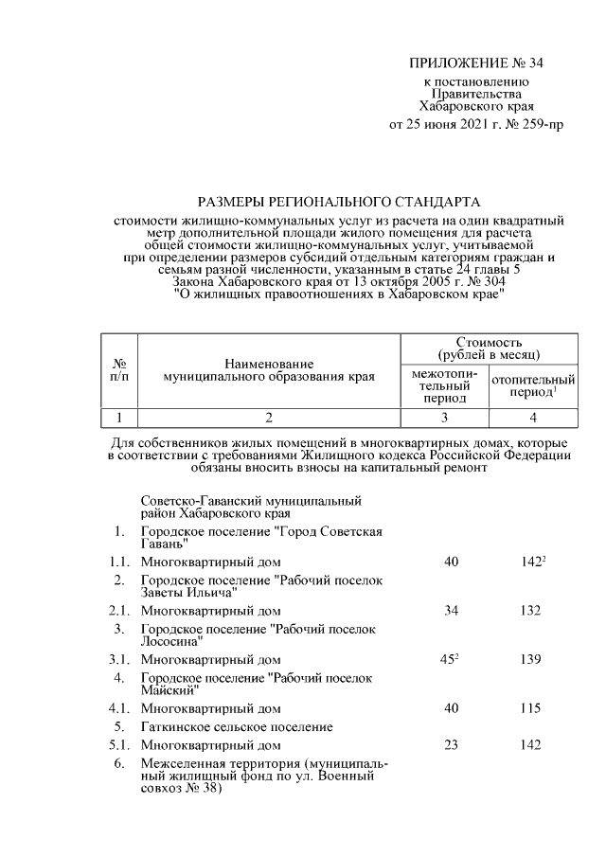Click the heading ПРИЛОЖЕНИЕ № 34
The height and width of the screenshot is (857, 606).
478,63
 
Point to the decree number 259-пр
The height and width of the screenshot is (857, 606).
539,124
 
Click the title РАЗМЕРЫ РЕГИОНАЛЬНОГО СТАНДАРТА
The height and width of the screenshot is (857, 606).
338,201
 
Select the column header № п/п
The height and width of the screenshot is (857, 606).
120,369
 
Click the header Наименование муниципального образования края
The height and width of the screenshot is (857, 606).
269,369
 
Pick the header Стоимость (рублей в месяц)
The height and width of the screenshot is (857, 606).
490,348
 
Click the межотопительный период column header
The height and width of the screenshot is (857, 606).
444,385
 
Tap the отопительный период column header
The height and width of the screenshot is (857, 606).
534,385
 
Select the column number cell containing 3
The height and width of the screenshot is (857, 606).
444,418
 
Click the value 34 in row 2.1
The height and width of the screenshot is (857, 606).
450,611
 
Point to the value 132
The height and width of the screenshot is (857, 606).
529,611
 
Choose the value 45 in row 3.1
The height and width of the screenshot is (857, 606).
449,659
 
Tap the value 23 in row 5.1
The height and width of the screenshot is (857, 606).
450,744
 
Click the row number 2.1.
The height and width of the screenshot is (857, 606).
119,611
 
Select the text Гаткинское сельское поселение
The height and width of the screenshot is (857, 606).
237,726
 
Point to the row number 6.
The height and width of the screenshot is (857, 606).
119,763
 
